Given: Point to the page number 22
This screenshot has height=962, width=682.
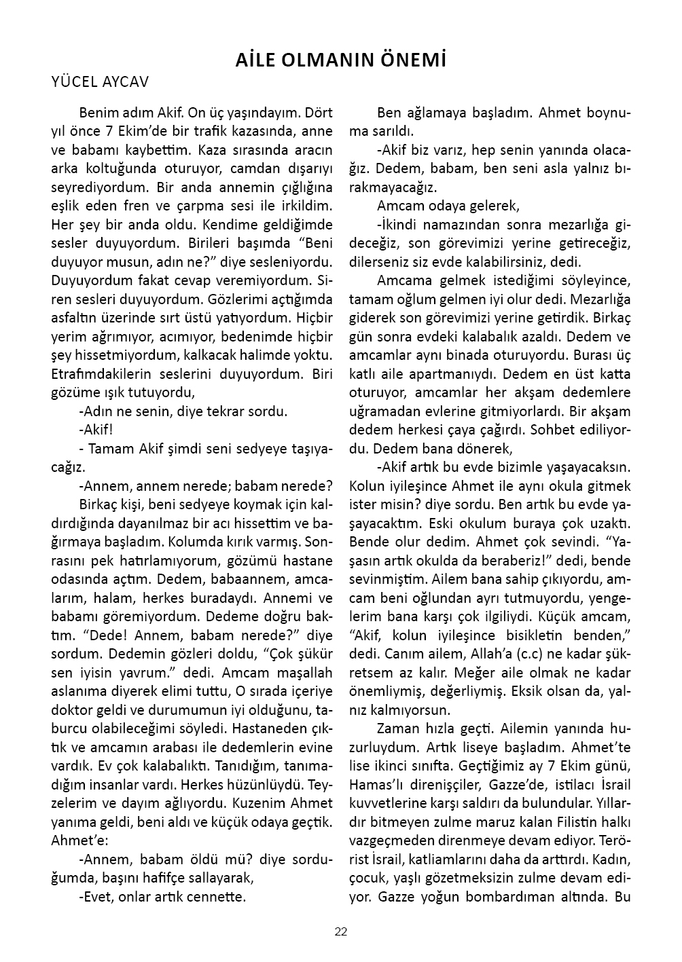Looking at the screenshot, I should point(341,931).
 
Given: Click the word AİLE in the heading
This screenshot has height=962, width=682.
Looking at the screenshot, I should point(255,60).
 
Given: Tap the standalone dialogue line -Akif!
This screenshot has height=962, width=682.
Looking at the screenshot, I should point(96,430).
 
